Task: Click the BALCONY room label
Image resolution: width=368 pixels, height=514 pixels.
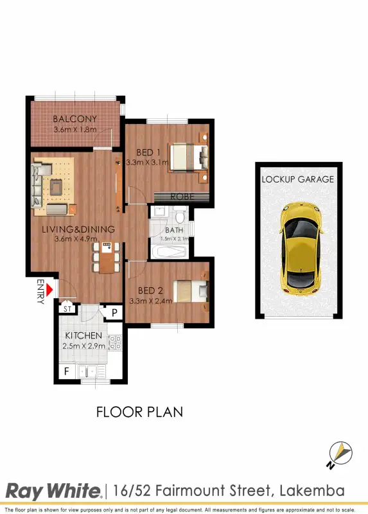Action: coord(75,119)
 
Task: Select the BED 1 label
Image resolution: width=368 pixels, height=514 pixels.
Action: coord(148,152)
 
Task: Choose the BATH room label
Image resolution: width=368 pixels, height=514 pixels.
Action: coord(174,230)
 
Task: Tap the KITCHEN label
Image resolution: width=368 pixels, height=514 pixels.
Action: coord(83,336)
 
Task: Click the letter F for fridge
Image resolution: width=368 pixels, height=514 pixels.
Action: coord(66,371)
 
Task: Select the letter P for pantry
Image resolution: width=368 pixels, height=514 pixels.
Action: coord(114,313)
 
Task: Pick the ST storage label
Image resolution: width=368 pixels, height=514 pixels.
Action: coord(67,309)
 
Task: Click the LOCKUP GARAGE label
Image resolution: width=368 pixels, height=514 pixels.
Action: coord(297,179)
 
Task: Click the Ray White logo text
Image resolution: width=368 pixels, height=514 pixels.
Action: coord(53,492)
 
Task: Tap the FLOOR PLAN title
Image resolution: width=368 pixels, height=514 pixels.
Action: coord(139,412)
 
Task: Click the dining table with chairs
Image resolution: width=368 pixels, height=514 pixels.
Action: coord(106,257)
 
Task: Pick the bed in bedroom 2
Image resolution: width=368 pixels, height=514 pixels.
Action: coord(191,291)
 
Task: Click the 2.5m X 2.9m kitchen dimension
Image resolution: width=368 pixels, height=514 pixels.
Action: coord(83,347)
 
